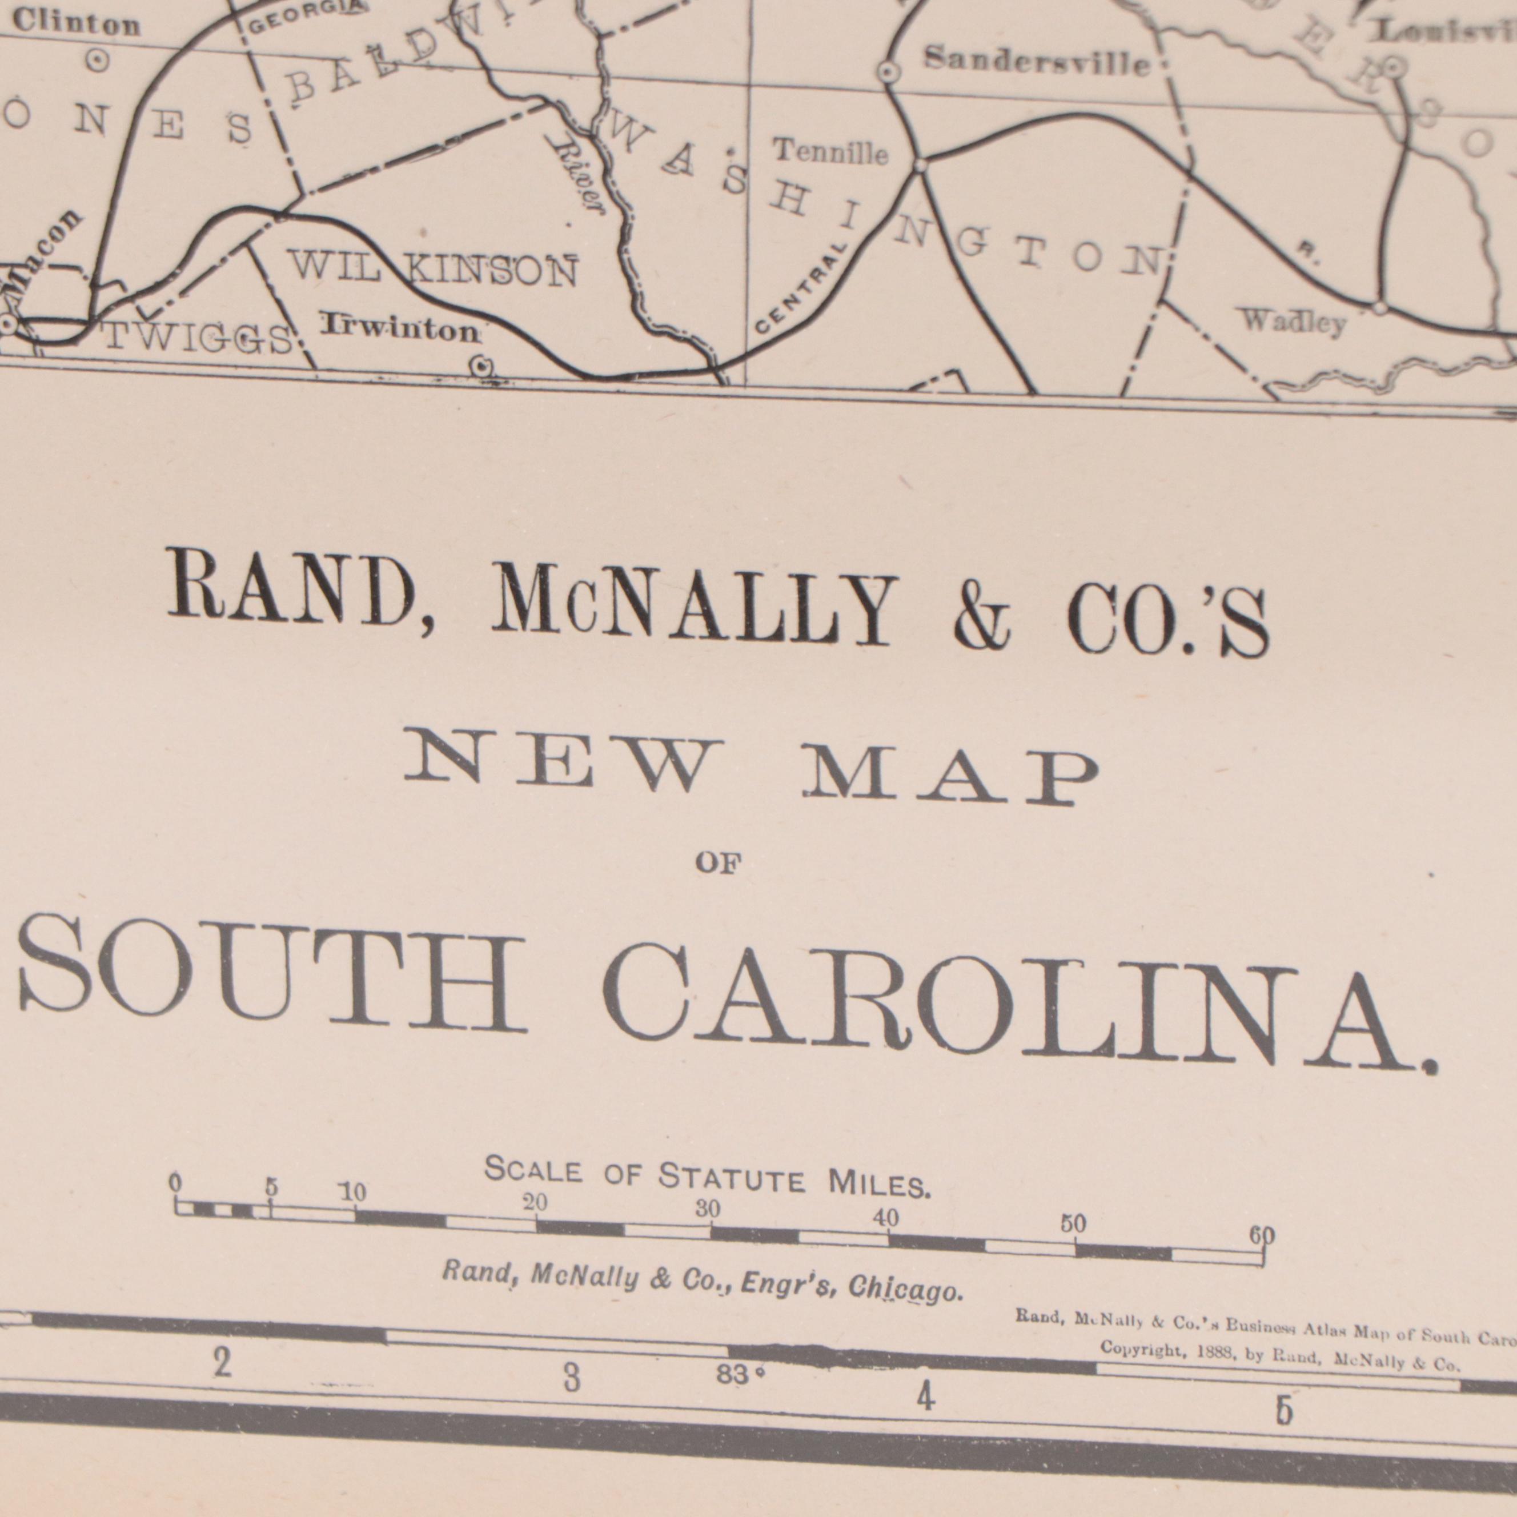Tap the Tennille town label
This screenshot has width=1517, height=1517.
click(830, 151)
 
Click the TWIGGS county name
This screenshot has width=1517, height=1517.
click(199, 339)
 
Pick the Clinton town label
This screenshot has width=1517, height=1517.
click(75, 23)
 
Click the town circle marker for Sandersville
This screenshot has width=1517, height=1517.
click(887, 72)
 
